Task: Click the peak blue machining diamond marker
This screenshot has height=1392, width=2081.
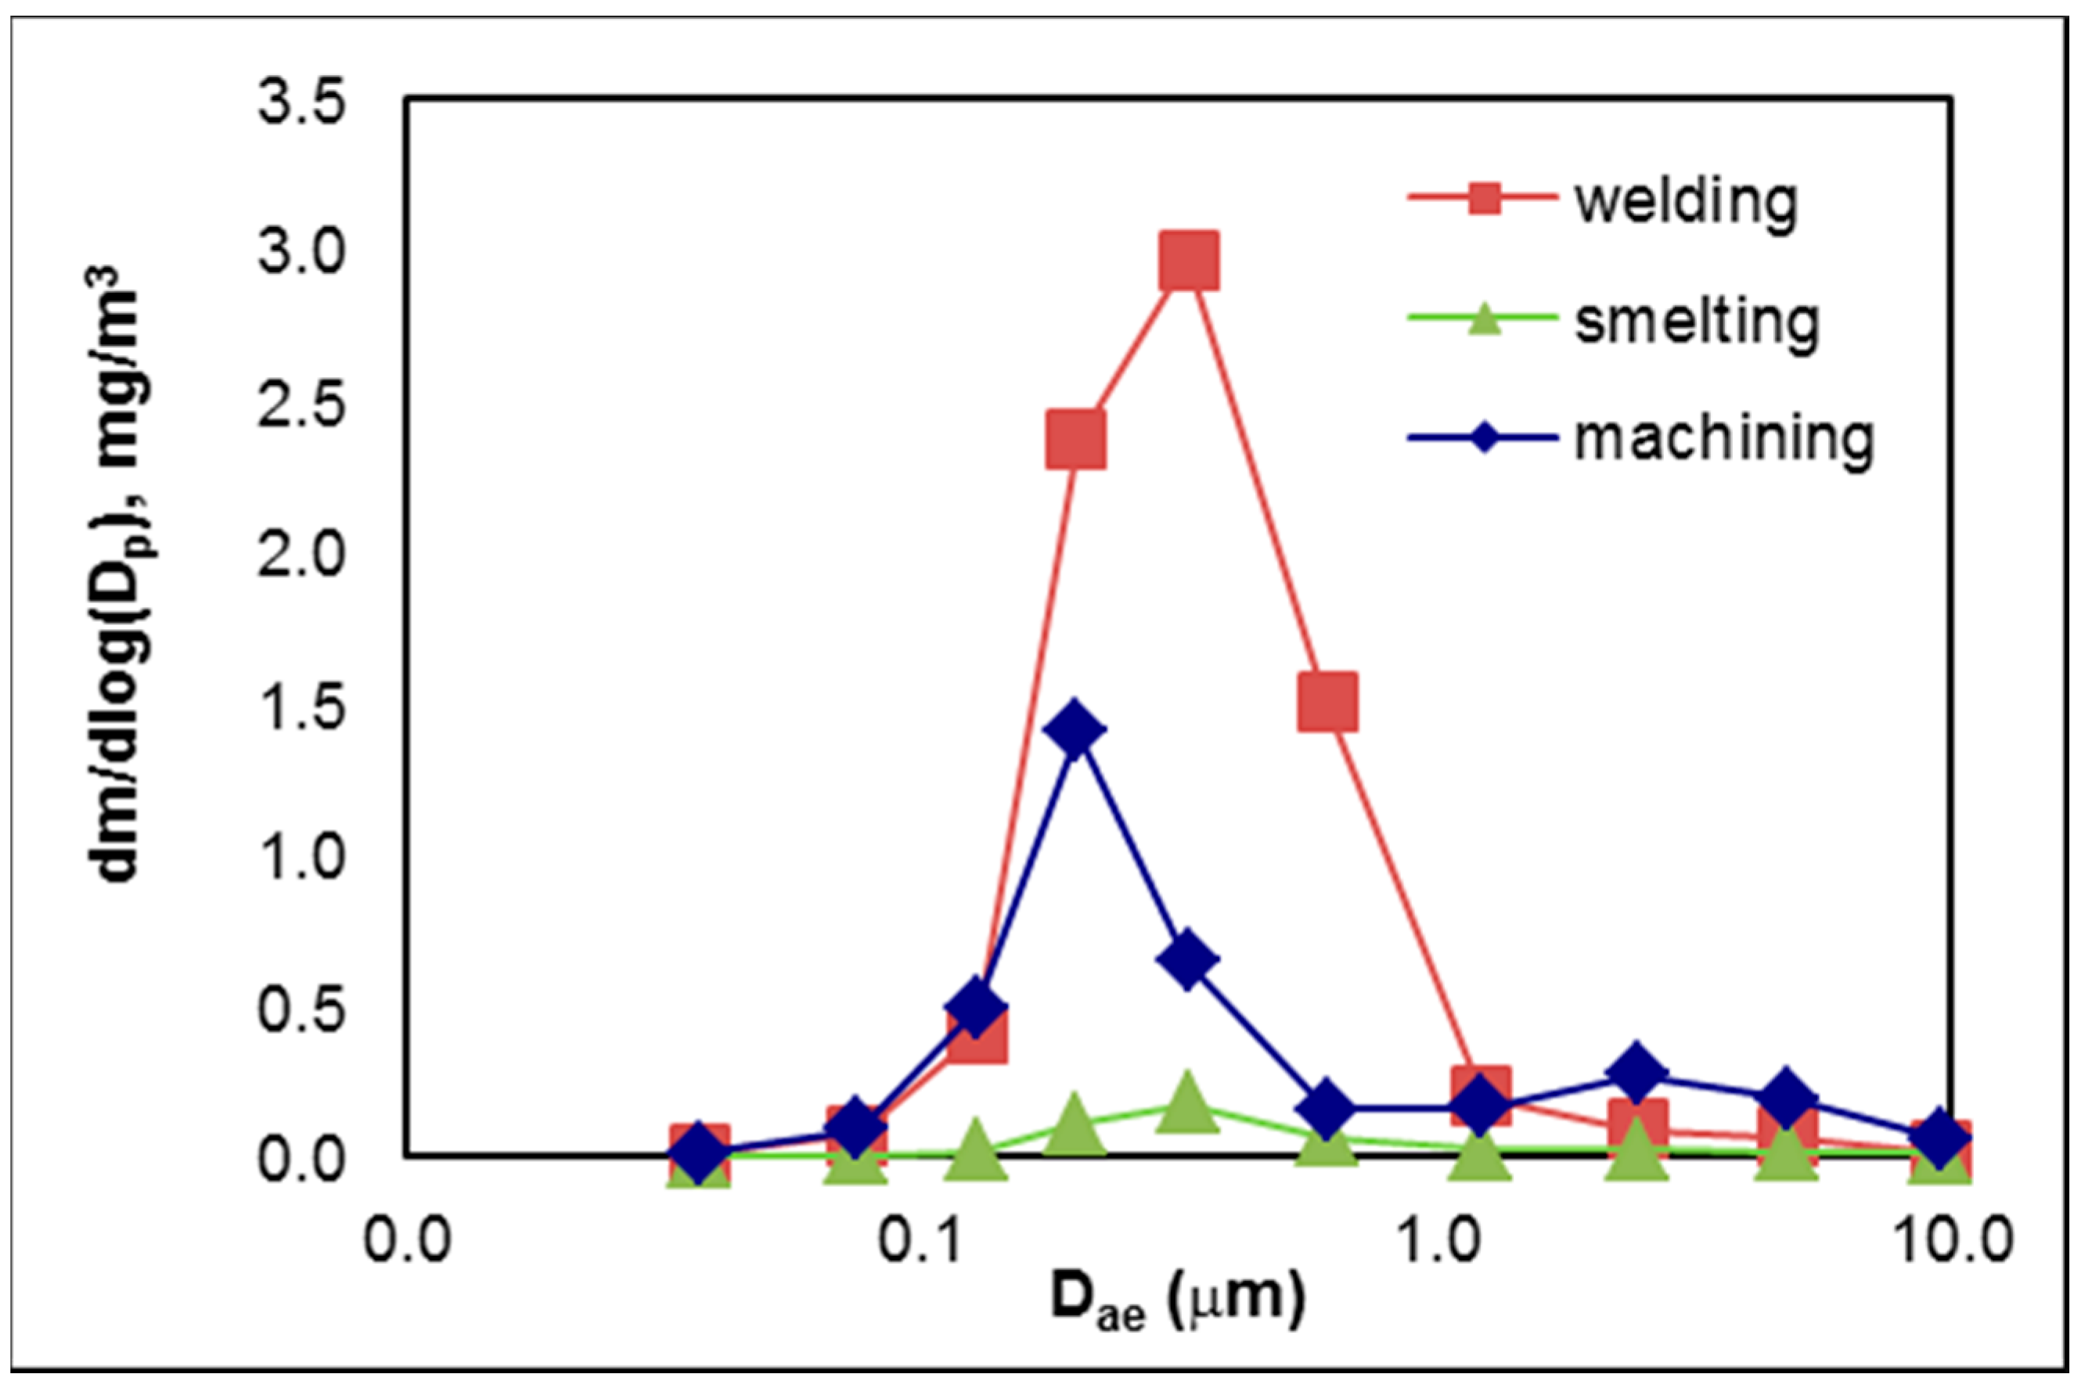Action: click(x=1075, y=730)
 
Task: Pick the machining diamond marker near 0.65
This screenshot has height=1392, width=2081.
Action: click(x=1188, y=961)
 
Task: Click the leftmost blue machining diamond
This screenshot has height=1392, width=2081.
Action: click(x=700, y=1153)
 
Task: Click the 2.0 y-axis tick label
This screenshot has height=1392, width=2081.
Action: click(x=300, y=556)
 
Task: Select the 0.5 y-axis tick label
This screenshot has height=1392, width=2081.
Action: click(x=300, y=1009)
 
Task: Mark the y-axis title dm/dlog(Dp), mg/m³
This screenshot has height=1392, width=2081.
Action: click(x=120, y=577)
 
